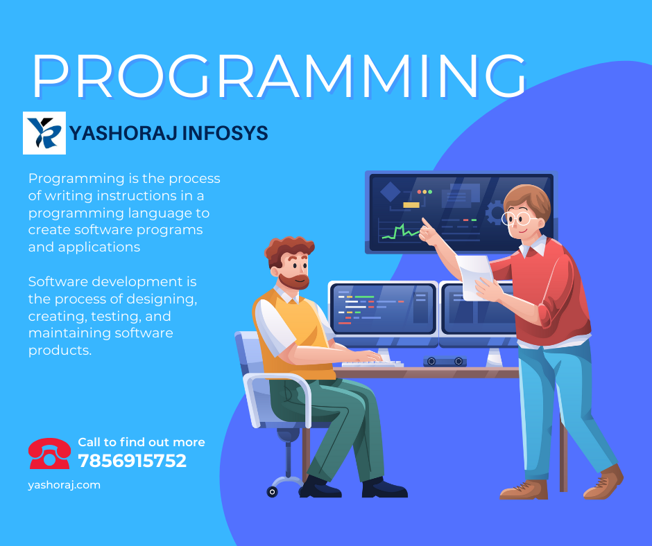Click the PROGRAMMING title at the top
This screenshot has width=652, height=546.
tap(280, 76)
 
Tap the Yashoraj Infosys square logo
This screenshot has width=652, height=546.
tap(44, 133)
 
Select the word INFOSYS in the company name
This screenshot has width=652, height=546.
tap(225, 133)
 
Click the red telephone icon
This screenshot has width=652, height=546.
tap(49, 453)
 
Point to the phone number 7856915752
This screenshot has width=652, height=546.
tap(132, 461)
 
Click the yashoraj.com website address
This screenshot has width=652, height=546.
tap(64, 485)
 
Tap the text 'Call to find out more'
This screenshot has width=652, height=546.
tap(141, 442)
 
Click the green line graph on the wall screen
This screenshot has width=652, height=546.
tap(401, 231)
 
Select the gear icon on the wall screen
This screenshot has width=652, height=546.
tap(495, 213)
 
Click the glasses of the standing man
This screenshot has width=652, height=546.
tap(518, 218)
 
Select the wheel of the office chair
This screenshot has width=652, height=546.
tap(272, 492)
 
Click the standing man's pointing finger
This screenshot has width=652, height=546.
tap(425, 223)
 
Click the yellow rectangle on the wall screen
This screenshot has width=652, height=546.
tap(411, 205)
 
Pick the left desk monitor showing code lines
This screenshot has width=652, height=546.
tap(383, 309)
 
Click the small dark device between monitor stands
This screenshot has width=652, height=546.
tap(445, 362)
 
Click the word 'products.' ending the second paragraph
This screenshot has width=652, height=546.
tap(60, 351)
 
